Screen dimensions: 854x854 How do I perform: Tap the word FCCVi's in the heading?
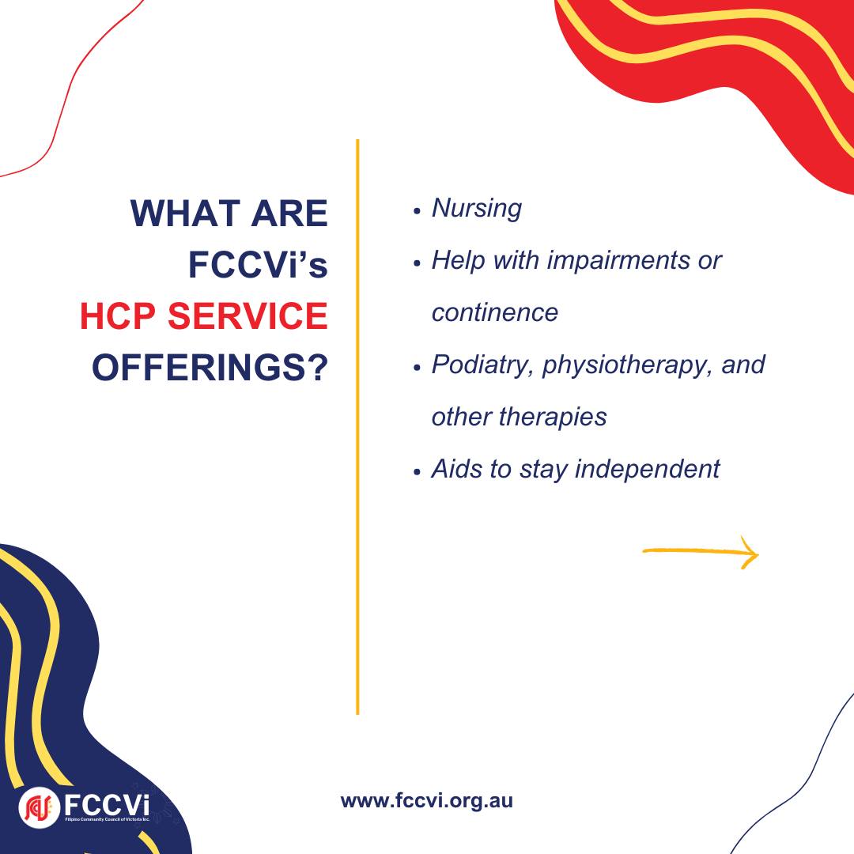coord(258,264)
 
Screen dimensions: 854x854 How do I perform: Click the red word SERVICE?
coord(248,316)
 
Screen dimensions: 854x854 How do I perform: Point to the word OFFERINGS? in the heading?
coord(210,368)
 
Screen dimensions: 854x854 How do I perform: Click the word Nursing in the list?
coord(477,209)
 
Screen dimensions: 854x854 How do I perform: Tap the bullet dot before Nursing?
coord(418,211)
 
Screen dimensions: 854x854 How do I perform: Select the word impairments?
coord(618,261)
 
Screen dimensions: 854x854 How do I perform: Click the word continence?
coord(494,312)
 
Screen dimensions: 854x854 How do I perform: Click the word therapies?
coord(553,418)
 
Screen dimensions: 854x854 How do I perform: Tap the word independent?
coord(648,469)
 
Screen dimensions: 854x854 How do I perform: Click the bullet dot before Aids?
coord(418,472)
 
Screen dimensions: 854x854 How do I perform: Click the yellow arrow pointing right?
coord(701,552)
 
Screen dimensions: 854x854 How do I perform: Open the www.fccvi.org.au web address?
coord(426,801)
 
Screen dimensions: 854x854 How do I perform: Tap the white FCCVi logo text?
coord(107,804)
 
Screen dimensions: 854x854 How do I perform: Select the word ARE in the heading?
coord(289,213)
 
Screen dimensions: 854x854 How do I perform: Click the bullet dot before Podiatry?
coord(418,368)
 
